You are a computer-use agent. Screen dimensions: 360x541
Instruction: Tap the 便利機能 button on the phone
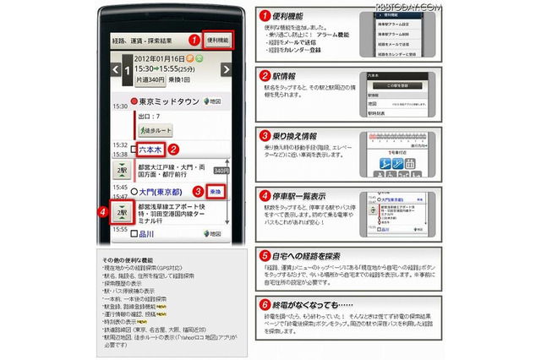coord(218,40)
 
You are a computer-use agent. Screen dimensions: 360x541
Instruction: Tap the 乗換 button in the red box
coord(216,192)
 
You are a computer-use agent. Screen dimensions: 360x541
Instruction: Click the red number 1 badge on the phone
coord(194,39)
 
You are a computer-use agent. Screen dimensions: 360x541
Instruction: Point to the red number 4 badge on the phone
coord(104,211)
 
